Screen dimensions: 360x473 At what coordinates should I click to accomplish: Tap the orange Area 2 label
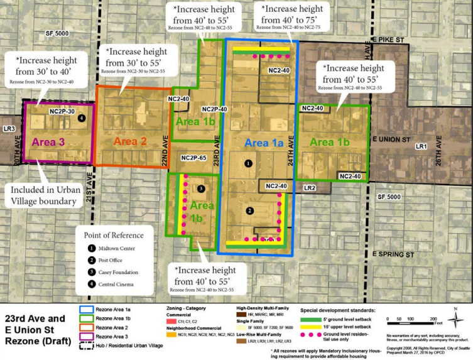click(130, 141)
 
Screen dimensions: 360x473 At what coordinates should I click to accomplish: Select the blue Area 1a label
click(264, 143)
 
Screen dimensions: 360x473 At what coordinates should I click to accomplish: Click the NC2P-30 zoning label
click(62, 111)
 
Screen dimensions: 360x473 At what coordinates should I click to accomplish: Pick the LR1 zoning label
click(421, 146)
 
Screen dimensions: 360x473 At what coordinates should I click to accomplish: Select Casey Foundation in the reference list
click(129, 272)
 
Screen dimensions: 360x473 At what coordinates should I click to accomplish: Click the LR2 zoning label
click(309, 187)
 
